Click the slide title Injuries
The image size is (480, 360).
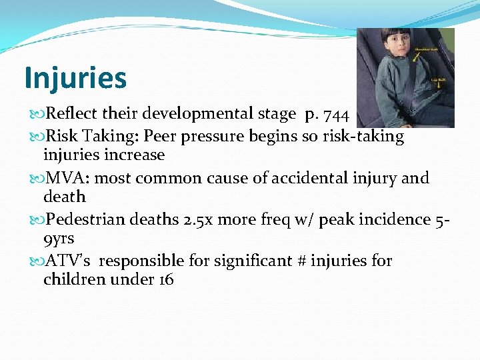[75, 77]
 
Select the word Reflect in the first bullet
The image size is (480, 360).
[69, 115]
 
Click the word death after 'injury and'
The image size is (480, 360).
[65, 197]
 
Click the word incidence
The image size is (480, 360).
[387, 219]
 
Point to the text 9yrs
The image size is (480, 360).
[59, 238]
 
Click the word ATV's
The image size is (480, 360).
[65, 261]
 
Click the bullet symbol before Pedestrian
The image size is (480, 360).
[34, 220]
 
